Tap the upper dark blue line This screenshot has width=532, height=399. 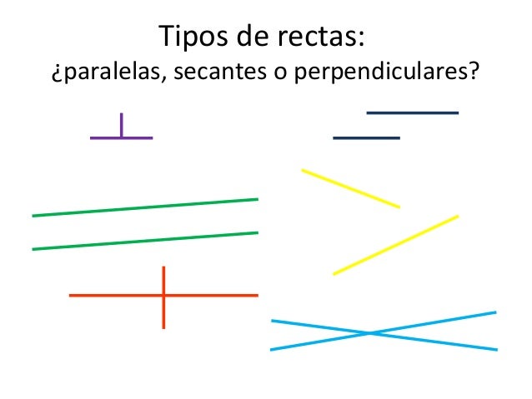click(412, 112)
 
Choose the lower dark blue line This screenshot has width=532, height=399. click(366, 137)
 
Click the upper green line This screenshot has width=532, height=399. click(144, 207)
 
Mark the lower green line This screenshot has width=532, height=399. click(144, 241)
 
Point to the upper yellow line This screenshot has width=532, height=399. click(350, 188)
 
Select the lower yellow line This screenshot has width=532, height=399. click(395, 245)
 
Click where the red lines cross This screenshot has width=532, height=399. click(163, 295)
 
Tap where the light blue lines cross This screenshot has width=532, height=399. click(370, 334)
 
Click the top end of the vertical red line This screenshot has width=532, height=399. click(163, 268)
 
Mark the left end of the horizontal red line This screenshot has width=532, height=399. click(71, 295)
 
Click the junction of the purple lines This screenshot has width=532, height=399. click(122, 137)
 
